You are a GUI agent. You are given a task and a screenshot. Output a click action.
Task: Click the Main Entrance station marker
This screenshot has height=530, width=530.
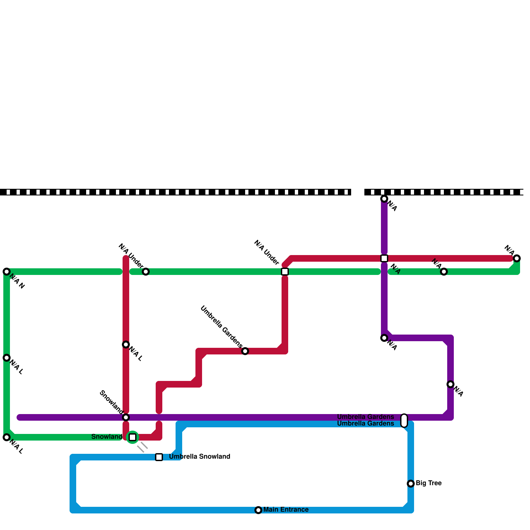click(258, 510)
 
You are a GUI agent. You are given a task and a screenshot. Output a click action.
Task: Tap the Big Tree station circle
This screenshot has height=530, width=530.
click(411, 484)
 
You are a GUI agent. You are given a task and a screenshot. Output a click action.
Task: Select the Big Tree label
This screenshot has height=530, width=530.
click(428, 483)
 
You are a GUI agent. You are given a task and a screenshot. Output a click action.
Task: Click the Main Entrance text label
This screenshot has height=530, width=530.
click(286, 510)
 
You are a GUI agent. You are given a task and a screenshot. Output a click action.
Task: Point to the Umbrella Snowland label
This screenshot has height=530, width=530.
click(199, 457)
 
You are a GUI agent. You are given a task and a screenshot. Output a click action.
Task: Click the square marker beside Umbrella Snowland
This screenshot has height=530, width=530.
click(159, 457)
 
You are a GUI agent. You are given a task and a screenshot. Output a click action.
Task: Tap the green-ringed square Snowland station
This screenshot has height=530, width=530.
click(132, 437)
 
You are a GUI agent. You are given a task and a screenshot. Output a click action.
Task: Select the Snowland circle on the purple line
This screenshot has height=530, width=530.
click(126, 417)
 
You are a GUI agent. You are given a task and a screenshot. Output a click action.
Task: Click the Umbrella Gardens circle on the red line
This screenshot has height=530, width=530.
click(245, 351)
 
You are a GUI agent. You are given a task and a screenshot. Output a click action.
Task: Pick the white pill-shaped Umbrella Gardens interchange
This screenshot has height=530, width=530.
click(404, 421)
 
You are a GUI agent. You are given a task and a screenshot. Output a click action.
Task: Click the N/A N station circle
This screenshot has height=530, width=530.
click(7, 272)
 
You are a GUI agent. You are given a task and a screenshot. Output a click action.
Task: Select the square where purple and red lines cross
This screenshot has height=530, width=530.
click(384, 258)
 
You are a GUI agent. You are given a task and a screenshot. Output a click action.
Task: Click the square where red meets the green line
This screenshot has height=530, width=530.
click(285, 272)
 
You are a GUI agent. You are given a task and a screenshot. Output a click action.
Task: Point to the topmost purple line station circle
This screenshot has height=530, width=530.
click(384, 199)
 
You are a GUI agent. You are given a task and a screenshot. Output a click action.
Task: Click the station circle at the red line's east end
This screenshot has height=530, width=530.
click(517, 258)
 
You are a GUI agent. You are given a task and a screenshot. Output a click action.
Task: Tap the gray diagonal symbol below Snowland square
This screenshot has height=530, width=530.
click(142, 447)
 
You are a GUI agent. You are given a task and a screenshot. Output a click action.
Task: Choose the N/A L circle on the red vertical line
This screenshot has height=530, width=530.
click(126, 344)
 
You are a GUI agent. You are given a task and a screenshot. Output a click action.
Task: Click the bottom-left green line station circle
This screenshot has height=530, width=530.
click(7, 437)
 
